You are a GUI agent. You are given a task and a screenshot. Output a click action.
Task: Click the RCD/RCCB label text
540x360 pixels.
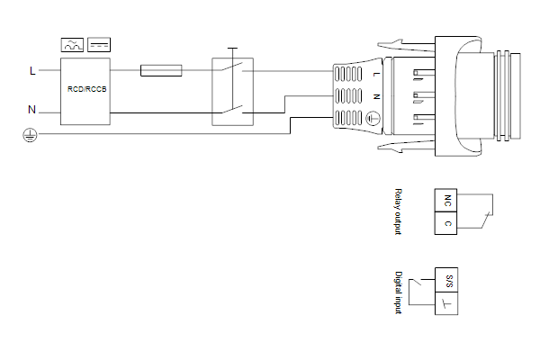click(x=86, y=89)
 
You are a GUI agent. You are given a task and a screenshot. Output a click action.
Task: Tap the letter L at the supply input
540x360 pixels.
click(x=32, y=70)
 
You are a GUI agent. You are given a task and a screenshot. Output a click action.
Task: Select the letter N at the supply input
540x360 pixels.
click(x=31, y=110)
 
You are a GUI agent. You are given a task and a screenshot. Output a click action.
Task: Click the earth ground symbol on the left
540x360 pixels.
click(x=30, y=135)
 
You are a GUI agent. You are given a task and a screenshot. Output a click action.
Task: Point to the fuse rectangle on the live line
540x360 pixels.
click(x=161, y=70)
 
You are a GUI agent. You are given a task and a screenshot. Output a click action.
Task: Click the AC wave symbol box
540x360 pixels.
click(x=72, y=45)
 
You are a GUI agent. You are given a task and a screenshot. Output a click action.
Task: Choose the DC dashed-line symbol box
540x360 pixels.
click(x=99, y=45)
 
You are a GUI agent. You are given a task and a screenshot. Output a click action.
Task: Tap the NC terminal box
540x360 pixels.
click(x=446, y=200)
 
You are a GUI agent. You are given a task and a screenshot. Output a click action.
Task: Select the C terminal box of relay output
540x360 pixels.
click(x=446, y=223)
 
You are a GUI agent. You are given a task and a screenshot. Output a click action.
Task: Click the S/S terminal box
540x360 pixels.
click(x=446, y=280)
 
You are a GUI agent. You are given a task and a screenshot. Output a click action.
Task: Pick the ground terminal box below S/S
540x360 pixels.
click(x=446, y=303)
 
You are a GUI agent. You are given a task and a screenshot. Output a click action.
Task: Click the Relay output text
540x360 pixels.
click(x=398, y=211)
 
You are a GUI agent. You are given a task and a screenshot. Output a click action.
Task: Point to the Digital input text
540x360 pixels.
click(x=399, y=292)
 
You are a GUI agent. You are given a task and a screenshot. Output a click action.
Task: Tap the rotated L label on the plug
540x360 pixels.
click(x=377, y=74)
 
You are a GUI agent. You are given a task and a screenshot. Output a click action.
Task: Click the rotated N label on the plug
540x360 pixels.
click(x=377, y=97)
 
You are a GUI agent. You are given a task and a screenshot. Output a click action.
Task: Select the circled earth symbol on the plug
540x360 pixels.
click(x=373, y=118)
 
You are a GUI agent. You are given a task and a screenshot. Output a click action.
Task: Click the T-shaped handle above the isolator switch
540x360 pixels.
click(x=233, y=49)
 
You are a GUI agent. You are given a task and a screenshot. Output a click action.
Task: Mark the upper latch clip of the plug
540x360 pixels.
click(x=407, y=46)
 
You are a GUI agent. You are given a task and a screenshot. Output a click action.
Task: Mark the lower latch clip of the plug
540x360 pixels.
click(x=407, y=147)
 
